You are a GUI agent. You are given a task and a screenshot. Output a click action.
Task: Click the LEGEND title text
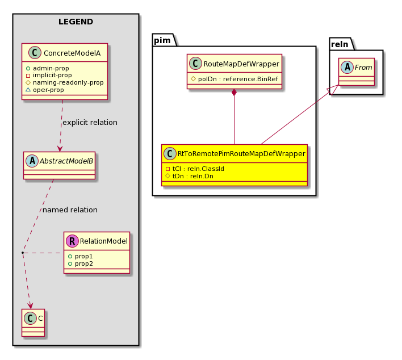[76, 22]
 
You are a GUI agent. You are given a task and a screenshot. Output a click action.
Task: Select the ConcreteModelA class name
[72, 53]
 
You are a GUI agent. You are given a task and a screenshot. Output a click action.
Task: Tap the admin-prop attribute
[51, 68]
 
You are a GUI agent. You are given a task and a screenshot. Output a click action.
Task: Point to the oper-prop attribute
[48, 90]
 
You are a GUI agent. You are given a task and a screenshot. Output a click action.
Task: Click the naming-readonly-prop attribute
[68, 82]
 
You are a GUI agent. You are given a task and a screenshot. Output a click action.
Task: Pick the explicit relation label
[90, 122]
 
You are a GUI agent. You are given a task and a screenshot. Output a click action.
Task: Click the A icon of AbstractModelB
[32, 161]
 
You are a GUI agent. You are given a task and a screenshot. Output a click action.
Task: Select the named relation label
[70, 210]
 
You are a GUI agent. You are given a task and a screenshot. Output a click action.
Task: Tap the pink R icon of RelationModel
[72, 241]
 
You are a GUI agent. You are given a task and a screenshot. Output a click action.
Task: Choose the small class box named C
[33, 323]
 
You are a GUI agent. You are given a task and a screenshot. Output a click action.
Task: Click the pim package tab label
[162, 40]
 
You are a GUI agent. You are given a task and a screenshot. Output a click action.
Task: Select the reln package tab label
[340, 44]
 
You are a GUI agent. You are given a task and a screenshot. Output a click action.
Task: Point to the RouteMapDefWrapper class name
[241, 64]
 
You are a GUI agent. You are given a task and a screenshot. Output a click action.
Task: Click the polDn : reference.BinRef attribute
[238, 79]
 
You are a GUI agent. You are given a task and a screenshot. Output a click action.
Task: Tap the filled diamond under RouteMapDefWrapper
[234, 93]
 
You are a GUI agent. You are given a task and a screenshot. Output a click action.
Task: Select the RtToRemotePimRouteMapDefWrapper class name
[241, 153]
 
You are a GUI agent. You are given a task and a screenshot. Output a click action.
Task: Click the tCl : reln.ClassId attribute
[198, 169]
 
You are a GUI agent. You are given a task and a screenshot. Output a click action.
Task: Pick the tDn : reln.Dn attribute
[193, 176]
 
